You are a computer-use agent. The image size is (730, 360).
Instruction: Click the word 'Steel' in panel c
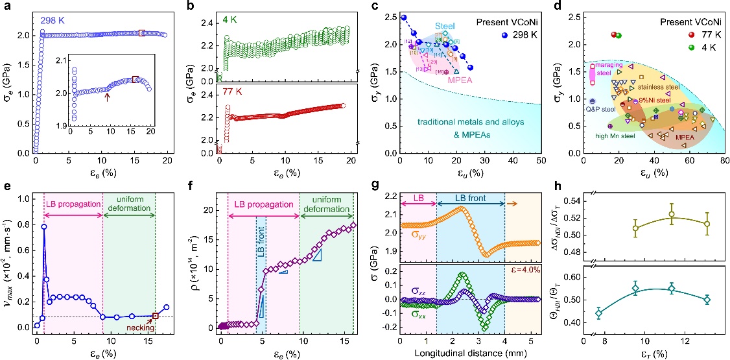point(443,26)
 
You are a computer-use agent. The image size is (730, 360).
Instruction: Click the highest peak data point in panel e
point(44,226)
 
